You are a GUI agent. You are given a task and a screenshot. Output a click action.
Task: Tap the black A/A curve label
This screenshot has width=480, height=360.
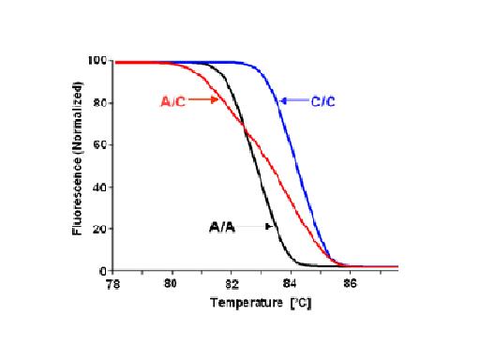pyautogui.click(x=221, y=226)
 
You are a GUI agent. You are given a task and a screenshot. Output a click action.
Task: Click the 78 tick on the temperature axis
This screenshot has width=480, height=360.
pyautogui.click(x=113, y=281)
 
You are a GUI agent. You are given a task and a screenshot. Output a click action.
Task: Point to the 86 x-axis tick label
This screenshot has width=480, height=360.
pyautogui.click(x=349, y=281)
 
